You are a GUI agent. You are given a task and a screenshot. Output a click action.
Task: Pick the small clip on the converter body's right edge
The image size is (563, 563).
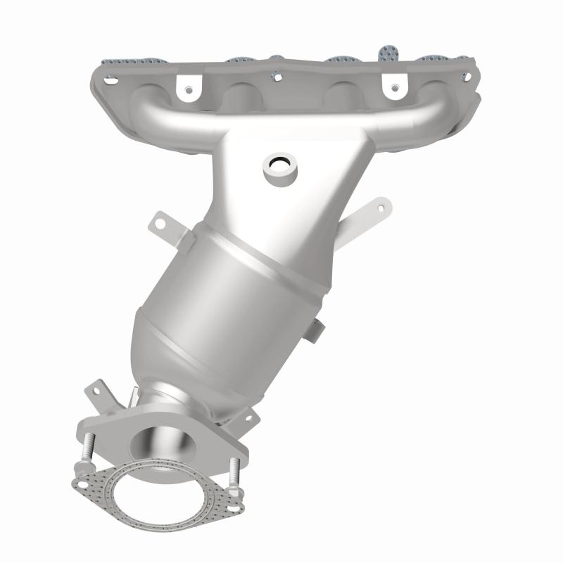[317, 327]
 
